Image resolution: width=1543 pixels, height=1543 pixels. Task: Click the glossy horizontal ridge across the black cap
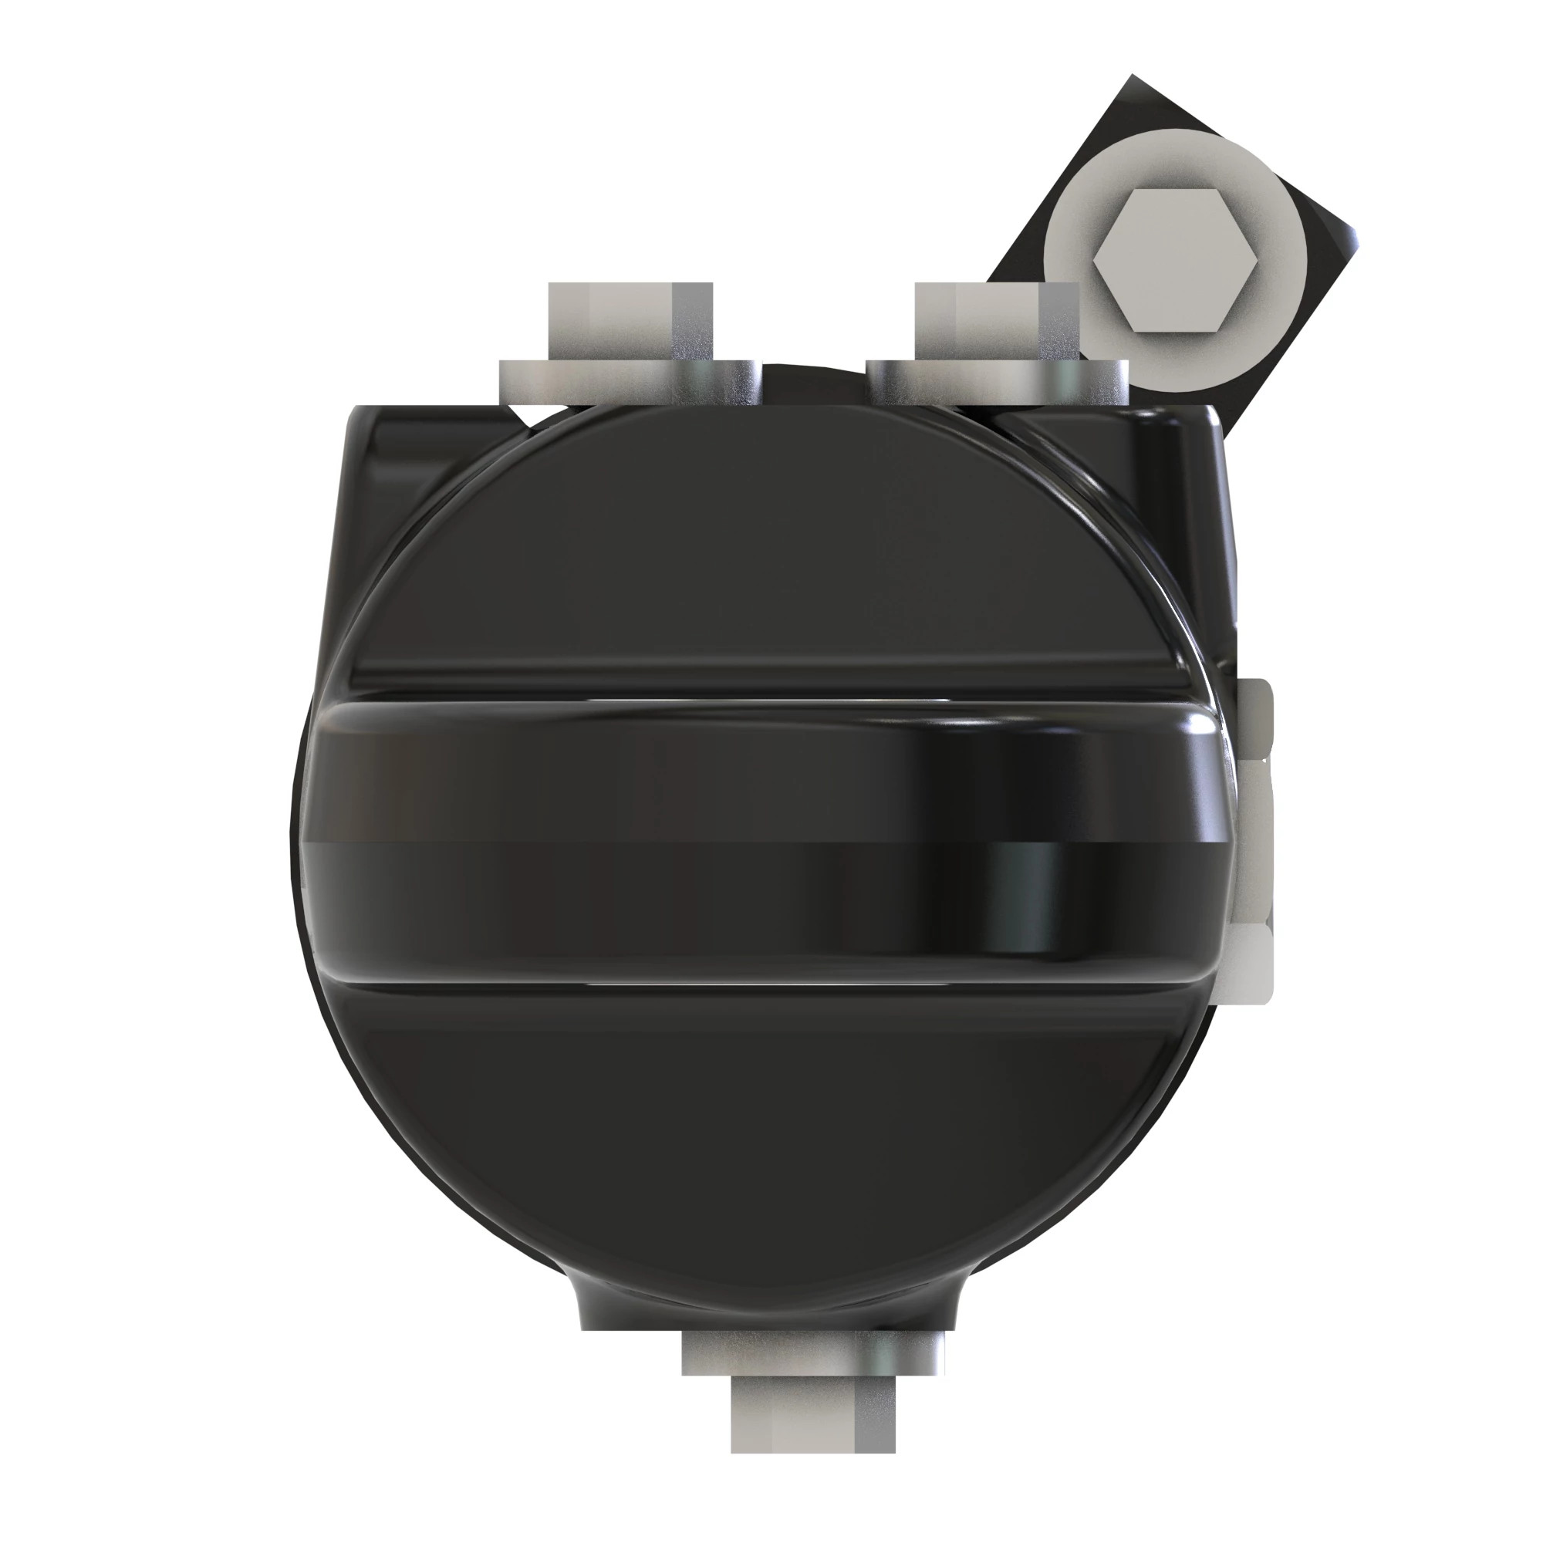719,839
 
